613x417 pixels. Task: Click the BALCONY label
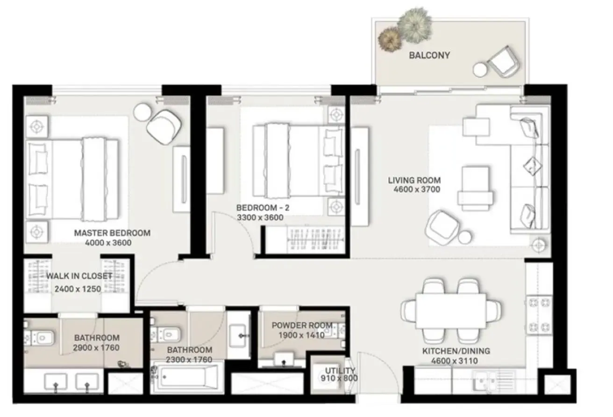pyautogui.click(x=429, y=56)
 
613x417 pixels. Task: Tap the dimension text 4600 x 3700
pyautogui.click(x=417, y=189)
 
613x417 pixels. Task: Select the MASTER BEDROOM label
pyautogui.click(x=112, y=233)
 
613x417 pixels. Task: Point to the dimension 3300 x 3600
pyautogui.click(x=260, y=217)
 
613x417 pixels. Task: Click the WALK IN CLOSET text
pyautogui.click(x=79, y=276)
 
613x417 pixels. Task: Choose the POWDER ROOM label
pyautogui.click(x=302, y=326)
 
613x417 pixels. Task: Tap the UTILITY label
pyautogui.click(x=340, y=370)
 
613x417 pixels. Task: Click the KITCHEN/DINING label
pyautogui.click(x=456, y=351)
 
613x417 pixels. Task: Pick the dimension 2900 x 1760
pyautogui.click(x=96, y=347)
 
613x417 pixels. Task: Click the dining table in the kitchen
pyautogui.click(x=451, y=311)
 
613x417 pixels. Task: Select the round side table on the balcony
pyautogui.click(x=480, y=69)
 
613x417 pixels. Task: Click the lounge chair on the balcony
pyautogui.click(x=504, y=62)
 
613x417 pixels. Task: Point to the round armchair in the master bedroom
pyautogui.click(x=164, y=127)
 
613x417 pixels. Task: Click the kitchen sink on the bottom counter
pyautogui.click(x=485, y=381)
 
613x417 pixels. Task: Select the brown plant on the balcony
pyautogui.click(x=389, y=40)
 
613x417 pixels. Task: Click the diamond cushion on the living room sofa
pyautogui.click(x=532, y=166)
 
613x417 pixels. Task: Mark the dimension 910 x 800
pyautogui.click(x=339, y=378)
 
